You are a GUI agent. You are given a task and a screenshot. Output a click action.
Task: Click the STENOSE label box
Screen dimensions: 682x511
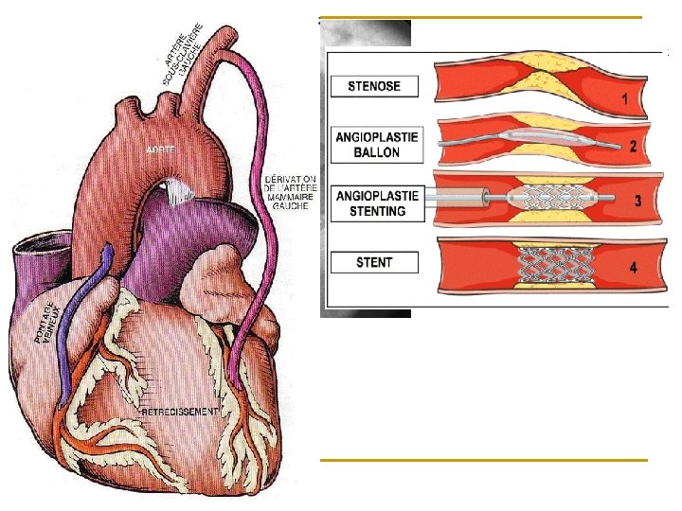(x=374, y=86)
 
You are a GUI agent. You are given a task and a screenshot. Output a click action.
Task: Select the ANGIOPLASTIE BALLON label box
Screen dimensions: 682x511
(x=375, y=145)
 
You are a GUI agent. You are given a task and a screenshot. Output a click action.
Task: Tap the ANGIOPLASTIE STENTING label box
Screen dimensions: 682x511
(x=375, y=203)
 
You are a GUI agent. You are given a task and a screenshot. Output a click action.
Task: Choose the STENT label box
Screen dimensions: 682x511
(x=374, y=261)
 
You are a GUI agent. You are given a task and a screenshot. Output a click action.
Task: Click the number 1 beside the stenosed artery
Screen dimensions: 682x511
(x=625, y=98)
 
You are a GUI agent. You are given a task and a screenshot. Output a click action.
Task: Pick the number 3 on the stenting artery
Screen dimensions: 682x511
(x=637, y=201)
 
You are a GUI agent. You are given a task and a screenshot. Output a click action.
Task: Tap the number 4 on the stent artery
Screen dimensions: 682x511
(x=632, y=268)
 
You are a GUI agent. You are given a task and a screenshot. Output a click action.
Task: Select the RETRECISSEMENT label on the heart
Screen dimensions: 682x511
(x=180, y=414)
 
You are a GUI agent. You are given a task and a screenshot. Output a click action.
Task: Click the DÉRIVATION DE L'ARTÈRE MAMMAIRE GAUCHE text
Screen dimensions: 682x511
(x=291, y=191)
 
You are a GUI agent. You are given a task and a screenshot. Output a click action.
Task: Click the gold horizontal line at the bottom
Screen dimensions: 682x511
(x=483, y=460)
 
